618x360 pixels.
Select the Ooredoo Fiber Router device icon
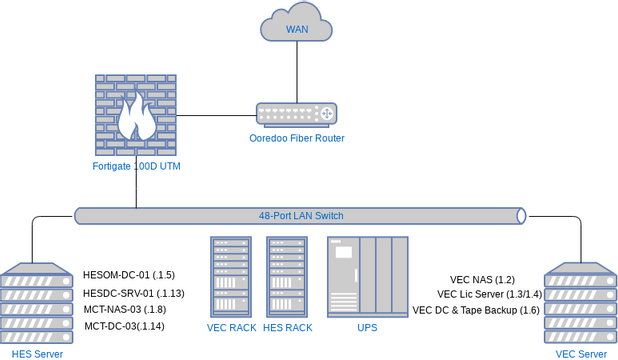pyautogui.click(x=296, y=114)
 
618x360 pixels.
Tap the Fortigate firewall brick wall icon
pyautogui.click(x=136, y=114)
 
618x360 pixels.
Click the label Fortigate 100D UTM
pyautogui.click(x=136, y=165)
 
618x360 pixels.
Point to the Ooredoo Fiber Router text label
pyautogui.click(x=296, y=138)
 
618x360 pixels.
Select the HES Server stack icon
pyautogui.click(x=35, y=304)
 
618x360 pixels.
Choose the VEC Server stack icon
pyautogui.click(x=580, y=304)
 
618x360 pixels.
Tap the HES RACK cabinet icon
pyautogui.click(x=287, y=277)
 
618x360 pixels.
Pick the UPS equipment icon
pyautogui.click(x=367, y=277)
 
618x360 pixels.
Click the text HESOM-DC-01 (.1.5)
pyautogui.click(x=129, y=275)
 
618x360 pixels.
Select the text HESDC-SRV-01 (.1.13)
pyautogui.click(x=133, y=293)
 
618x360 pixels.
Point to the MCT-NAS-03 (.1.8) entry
pyautogui.click(x=125, y=310)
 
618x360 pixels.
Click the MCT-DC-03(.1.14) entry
pyautogui.click(x=125, y=327)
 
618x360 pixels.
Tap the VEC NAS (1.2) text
pyautogui.click(x=482, y=280)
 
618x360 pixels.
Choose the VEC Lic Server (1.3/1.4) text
pyautogui.click(x=489, y=295)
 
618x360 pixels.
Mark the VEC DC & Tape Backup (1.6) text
pyautogui.click(x=476, y=311)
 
